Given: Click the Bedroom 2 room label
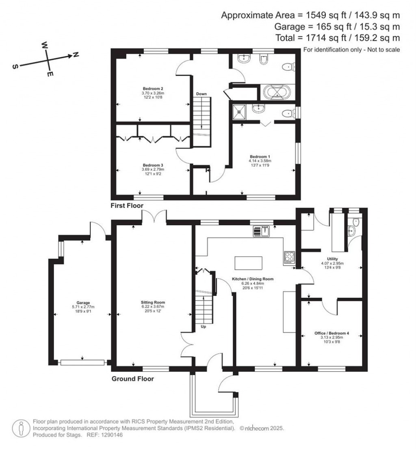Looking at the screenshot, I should [x=153, y=88].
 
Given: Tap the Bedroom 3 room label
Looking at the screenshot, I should [x=153, y=165].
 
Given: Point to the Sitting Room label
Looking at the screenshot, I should [x=153, y=303].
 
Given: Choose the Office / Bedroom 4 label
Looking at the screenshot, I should [x=332, y=333].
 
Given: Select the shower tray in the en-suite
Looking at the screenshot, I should [x=240, y=111].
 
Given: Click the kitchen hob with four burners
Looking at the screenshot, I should [x=290, y=256].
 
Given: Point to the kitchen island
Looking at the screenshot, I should [x=248, y=262].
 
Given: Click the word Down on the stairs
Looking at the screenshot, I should [x=202, y=94].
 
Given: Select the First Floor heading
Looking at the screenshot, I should [x=127, y=206].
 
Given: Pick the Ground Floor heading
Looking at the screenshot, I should [x=133, y=379].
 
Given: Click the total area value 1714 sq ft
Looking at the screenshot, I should [x=319, y=38].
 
